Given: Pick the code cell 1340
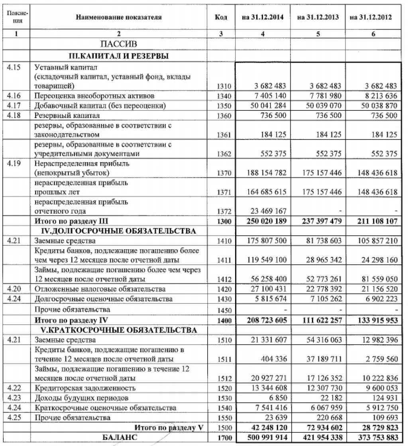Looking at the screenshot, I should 223,96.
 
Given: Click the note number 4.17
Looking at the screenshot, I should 15,106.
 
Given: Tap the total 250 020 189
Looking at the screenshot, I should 267,221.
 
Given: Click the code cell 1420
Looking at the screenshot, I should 223,289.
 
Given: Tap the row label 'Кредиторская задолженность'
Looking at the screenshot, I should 85,388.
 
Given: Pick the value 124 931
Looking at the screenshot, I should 385,398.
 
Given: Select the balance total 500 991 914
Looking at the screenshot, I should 267,437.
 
